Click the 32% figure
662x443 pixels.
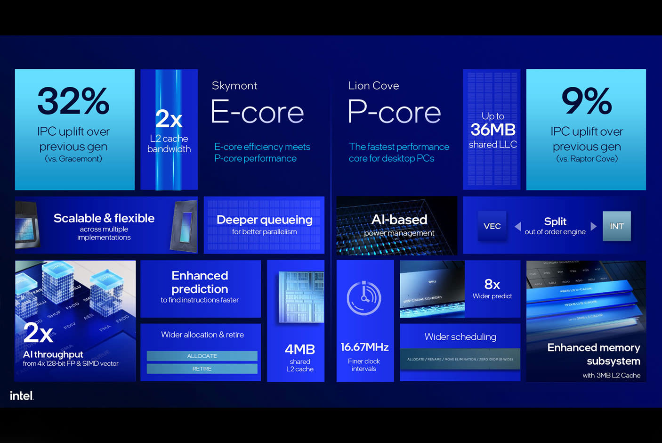73,101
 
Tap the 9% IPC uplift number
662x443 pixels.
586,101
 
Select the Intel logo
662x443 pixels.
22,395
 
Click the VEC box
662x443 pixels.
492,226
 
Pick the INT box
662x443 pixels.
616,226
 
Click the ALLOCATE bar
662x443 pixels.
202,356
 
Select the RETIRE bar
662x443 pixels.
202,369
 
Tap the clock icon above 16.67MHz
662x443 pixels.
364,298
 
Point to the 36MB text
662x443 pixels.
493,130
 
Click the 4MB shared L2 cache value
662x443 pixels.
299,349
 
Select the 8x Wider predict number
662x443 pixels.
492,284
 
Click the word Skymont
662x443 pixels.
234,86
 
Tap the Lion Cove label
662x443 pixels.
373,86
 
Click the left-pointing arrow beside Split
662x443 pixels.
518,226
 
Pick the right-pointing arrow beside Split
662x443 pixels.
593,226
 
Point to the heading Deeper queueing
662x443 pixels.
264,220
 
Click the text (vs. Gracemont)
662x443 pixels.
73,159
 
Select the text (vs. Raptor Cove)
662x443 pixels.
587,159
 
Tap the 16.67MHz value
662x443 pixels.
364,347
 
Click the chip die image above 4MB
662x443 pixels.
301,296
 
